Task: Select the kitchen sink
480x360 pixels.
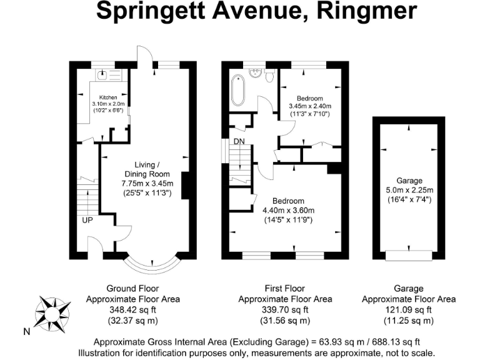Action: (102, 75)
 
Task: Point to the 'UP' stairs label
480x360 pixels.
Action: (86, 220)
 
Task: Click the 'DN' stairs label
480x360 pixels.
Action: (239, 142)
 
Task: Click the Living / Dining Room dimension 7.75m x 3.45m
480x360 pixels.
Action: (147, 183)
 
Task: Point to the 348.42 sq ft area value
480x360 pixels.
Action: (132, 310)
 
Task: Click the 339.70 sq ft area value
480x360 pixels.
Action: (285, 310)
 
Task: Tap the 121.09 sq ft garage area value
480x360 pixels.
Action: (408, 310)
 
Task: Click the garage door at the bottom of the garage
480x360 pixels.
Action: (408, 255)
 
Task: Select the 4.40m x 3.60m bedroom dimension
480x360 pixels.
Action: (288, 210)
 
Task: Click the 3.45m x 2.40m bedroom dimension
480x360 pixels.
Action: (309, 106)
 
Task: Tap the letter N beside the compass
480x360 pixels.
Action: (26, 332)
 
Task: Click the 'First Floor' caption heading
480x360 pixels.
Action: (285, 289)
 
